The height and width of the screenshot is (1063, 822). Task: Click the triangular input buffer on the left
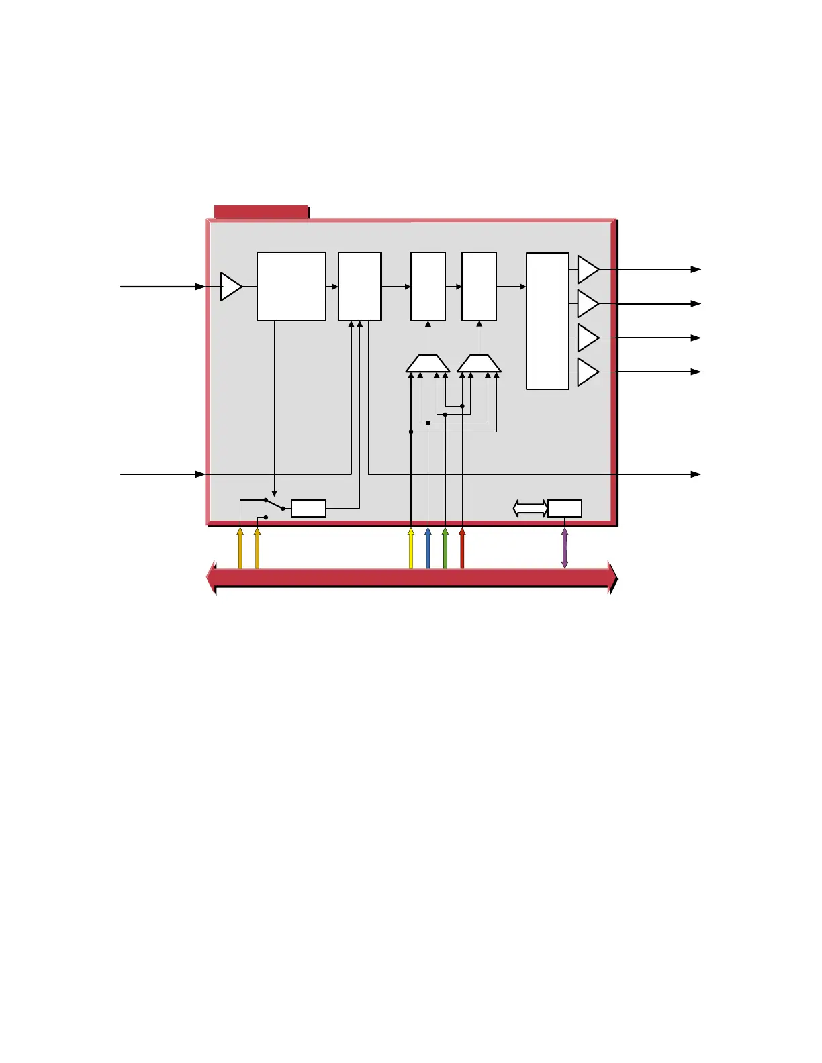[230, 287]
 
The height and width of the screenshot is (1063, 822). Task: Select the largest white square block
[291, 287]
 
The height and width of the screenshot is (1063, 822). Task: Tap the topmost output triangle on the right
[587, 270]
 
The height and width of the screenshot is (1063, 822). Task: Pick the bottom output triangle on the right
[587, 372]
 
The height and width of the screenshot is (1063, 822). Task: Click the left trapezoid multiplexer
[428, 364]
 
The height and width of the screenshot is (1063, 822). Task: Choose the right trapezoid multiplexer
[479, 364]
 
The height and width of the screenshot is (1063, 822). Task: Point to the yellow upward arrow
[411, 548]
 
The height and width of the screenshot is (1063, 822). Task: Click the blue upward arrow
[428, 548]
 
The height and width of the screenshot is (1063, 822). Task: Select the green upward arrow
[445, 548]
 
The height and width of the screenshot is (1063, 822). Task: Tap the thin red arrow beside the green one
[462, 548]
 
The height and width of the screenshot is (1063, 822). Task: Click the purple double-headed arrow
[564, 548]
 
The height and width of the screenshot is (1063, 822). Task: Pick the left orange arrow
[240, 548]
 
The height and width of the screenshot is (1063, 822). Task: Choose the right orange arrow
[257, 548]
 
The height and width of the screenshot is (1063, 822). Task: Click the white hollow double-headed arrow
[530, 509]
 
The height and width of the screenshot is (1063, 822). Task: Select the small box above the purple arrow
[565, 509]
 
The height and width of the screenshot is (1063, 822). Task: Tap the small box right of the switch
[308, 509]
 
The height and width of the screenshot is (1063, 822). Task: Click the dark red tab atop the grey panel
[261, 212]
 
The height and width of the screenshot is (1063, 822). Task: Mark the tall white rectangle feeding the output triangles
[547, 321]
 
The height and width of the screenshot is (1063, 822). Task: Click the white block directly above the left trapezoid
[428, 287]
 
